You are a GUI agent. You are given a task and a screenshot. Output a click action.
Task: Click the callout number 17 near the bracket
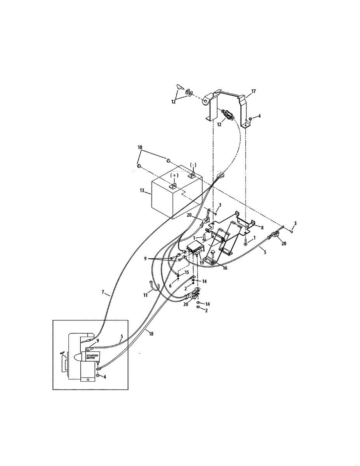tap(253, 92)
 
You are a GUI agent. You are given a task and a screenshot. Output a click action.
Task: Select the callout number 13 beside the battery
tap(142, 191)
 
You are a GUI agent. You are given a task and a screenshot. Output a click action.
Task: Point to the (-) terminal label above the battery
tap(193, 165)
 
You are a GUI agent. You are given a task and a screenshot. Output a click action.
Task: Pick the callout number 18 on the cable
tap(151, 333)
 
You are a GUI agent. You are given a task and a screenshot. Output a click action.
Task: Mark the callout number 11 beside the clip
tap(146, 295)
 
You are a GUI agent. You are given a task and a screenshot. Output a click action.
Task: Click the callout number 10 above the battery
tap(140, 148)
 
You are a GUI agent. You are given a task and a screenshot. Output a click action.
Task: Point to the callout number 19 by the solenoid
tap(202, 263)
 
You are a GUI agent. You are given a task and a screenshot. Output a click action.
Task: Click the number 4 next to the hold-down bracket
tap(259, 116)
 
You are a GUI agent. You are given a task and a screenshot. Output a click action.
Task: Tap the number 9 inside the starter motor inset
tap(98, 341)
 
